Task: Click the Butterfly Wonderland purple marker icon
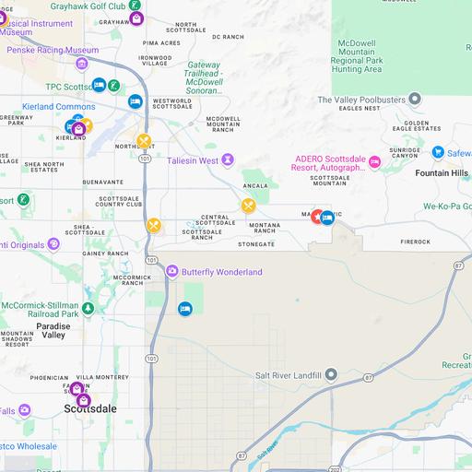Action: tap(172, 271)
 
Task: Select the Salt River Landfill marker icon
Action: tap(332, 374)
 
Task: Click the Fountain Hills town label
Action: tap(442, 173)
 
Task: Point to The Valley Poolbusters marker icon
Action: tap(416, 100)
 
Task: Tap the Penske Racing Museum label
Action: tap(53, 50)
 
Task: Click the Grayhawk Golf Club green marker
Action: tap(135, 6)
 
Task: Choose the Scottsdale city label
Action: tap(90, 407)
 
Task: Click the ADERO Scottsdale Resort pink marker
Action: tap(374, 162)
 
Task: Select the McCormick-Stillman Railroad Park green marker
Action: tap(88, 309)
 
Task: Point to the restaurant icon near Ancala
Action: tap(248, 206)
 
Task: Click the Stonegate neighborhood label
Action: tap(256, 244)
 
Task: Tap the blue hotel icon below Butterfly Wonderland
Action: tap(184, 308)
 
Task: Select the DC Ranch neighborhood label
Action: tap(228, 37)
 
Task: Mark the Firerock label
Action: tap(415, 242)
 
